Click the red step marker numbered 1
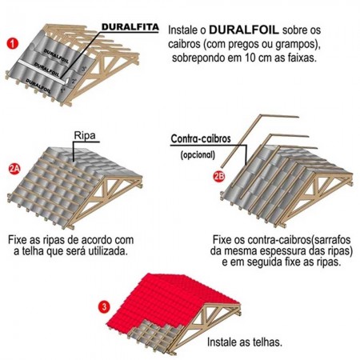tap(13, 41)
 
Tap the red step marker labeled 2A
tap(14, 169)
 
